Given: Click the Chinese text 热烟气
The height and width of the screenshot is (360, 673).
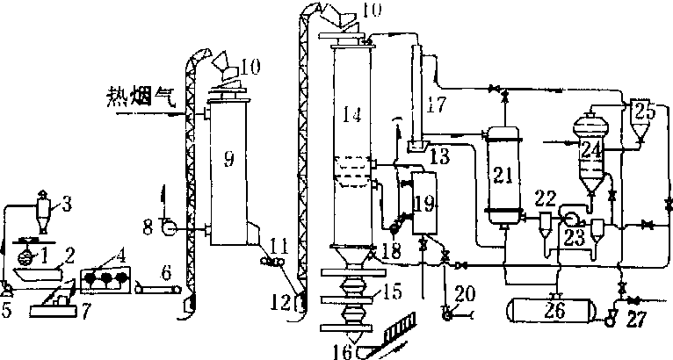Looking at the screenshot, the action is click(141, 97).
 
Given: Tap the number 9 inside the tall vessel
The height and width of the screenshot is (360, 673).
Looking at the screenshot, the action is click(228, 160).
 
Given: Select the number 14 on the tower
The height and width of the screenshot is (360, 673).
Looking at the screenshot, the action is click(352, 115).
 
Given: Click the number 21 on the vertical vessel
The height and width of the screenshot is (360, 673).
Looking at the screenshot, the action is click(503, 174).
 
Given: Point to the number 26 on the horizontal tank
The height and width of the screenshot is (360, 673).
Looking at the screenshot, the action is click(554, 310).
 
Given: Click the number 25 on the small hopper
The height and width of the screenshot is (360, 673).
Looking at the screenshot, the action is click(645, 112).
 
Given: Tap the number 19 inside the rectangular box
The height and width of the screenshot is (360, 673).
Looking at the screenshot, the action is click(424, 204).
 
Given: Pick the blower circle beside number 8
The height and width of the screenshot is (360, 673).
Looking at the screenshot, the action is click(165, 229).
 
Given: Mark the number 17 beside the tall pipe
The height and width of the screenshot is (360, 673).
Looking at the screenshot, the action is click(437, 104).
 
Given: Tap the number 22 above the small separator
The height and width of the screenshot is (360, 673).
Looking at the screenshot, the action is click(545, 198).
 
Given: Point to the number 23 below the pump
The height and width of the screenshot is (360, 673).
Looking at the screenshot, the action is click(575, 237).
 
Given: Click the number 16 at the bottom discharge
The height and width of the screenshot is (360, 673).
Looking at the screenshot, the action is click(343, 351).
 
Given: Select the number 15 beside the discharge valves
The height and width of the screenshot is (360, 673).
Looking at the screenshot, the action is click(391, 292).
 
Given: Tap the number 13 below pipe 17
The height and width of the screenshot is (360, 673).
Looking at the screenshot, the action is click(438, 156).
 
